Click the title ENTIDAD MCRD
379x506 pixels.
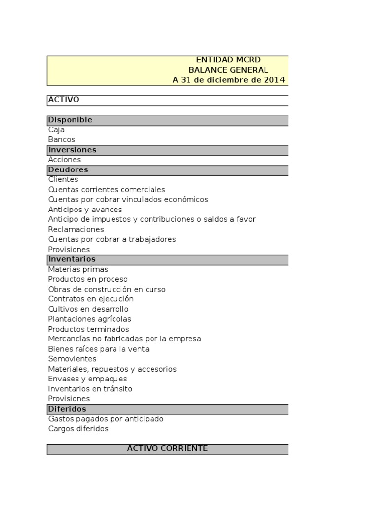[x=228, y=60]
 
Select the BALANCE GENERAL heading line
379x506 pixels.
[x=228, y=70]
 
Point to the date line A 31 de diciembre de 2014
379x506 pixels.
[x=228, y=80]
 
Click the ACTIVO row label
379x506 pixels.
[x=64, y=100]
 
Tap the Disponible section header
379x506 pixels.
[x=70, y=120]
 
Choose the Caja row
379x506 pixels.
[x=56, y=130]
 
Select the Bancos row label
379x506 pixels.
[x=62, y=140]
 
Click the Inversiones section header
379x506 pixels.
[x=72, y=150]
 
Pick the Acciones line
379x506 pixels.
[x=65, y=160]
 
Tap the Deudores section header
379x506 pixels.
[x=68, y=170]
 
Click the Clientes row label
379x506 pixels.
[x=63, y=180]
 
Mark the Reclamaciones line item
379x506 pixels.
[x=76, y=230]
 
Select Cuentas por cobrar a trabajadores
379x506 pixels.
[x=112, y=239]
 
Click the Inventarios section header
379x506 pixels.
[x=72, y=259]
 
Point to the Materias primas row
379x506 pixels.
[x=78, y=269]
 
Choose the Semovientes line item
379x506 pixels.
[x=72, y=359]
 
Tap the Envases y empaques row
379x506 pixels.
[x=87, y=379]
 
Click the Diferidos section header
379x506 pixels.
[x=67, y=409]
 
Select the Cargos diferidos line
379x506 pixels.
[x=78, y=429]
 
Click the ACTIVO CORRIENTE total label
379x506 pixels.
[x=167, y=449]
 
